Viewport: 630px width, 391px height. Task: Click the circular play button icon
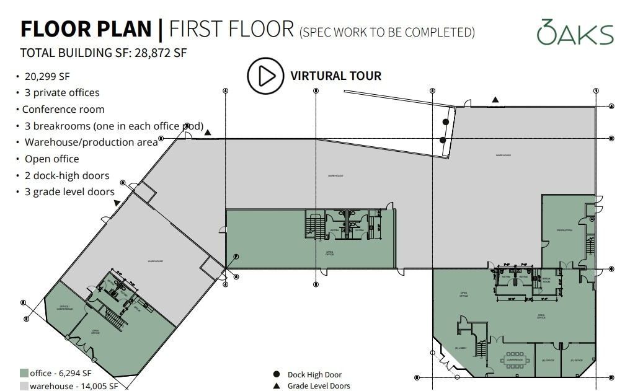[x=265, y=76]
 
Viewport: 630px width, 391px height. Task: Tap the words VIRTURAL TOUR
[x=335, y=76]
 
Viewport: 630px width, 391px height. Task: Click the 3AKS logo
[x=575, y=32]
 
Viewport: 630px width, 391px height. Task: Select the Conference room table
[x=515, y=359]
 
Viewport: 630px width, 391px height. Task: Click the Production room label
[x=564, y=230]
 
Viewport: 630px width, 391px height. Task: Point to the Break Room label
[x=547, y=279]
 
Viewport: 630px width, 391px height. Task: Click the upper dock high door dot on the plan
[x=445, y=121]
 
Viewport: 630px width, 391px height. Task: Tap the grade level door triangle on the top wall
[x=495, y=100]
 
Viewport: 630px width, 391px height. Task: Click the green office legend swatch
[x=24, y=373]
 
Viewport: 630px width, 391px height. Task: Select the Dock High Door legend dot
[x=276, y=374]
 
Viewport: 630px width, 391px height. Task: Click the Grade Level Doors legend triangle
[x=276, y=385]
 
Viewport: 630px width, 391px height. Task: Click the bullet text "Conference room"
[x=63, y=109]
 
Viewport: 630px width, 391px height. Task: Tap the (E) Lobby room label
[x=460, y=348]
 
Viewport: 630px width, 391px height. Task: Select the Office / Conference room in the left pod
[x=65, y=307]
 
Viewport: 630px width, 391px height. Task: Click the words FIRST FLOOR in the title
[x=231, y=29]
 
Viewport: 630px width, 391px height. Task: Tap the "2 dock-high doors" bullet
[x=66, y=175]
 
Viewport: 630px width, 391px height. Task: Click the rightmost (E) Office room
[x=577, y=360]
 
